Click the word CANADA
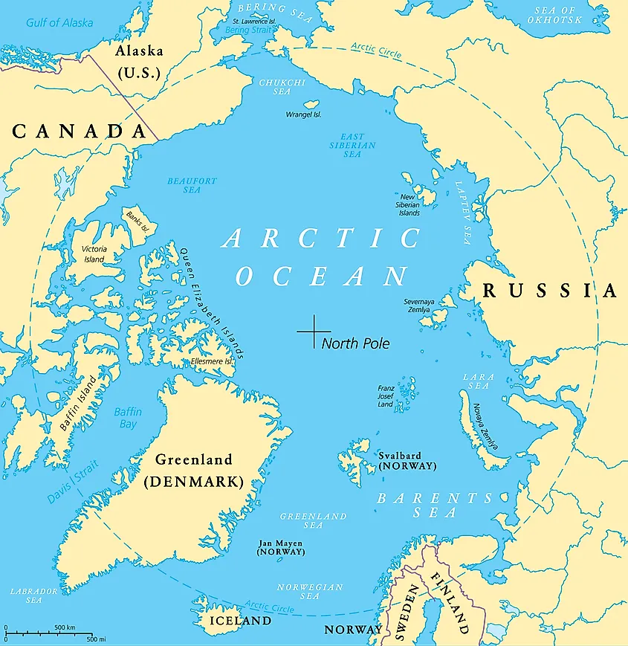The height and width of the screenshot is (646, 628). [79, 132]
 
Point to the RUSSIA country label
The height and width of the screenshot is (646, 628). [550, 291]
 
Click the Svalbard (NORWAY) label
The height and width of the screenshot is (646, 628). [407, 460]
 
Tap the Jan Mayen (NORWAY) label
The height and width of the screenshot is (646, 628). [280, 548]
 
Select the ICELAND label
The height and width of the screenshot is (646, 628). [239, 620]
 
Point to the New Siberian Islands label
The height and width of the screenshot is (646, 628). [410, 204]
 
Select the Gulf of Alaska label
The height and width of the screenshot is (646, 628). [59, 22]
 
